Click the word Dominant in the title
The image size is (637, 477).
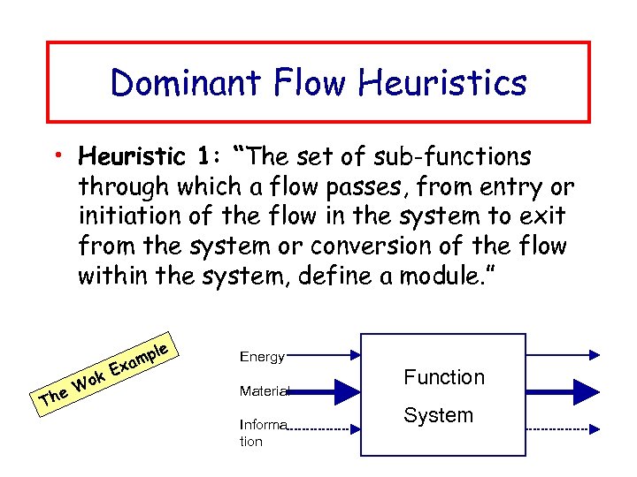[180, 83]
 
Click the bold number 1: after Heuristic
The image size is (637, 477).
[209, 157]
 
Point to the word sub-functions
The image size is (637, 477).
[454, 157]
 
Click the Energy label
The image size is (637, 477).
[261, 357]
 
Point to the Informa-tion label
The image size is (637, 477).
[262, 432]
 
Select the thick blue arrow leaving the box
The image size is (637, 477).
[561, 388]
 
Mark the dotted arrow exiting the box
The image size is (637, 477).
[561, 428]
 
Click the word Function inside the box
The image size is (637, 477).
[444, 377]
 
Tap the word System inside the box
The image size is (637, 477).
[438, 415]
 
